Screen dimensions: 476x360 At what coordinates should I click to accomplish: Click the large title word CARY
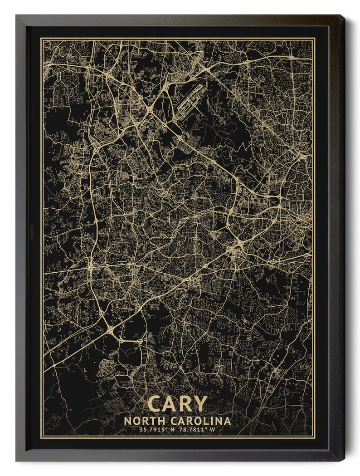[x=177, y=403]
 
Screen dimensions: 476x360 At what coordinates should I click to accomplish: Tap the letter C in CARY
[x=155, y=403]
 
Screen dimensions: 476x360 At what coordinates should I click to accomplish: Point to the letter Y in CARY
[x=200, y=403]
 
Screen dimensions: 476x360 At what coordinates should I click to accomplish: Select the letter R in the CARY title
[x=185, y=403]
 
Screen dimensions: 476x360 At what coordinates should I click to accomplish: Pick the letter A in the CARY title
[x=170, y=403]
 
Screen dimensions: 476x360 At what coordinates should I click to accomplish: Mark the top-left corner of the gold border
[x=42, y=39]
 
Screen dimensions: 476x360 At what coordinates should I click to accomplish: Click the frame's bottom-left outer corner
[x=16, y=461]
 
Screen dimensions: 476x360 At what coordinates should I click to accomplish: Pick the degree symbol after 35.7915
[x=168, y=428]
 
